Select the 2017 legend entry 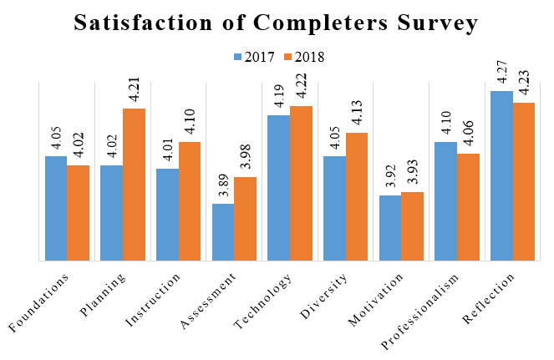click(254, 58)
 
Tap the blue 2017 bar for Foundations click(56, 208)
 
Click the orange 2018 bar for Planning click(134, 185)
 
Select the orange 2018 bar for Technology click(301, 183)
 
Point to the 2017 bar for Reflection click(501, 175)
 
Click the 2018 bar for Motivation click(412, 226)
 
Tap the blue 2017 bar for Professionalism click(445, 201)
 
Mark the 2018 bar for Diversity click(357, 196)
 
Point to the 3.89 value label click(223, 185)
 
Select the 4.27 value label click(501, 72)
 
